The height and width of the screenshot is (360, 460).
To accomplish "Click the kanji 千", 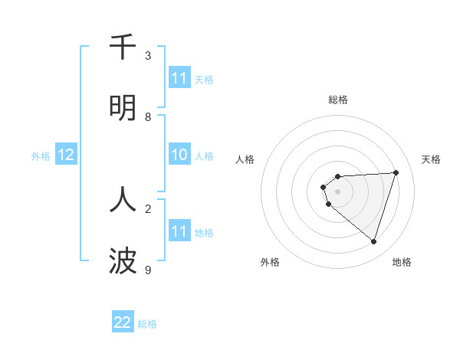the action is point(123,47).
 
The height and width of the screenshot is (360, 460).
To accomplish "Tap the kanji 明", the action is point(123,108).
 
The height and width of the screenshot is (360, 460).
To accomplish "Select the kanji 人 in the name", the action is point(123,199).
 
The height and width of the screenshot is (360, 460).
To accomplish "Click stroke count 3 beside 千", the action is point(148,56).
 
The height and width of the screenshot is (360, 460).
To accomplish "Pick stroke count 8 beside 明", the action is point(148,117).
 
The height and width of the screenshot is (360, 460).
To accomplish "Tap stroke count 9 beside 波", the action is point(148,270).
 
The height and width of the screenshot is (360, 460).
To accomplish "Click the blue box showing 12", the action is point(66,155).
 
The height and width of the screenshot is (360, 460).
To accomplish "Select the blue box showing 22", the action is point(123,322).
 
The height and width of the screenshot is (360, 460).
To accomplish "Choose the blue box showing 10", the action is point(179,155).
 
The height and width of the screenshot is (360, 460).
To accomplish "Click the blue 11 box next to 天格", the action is point(179,78).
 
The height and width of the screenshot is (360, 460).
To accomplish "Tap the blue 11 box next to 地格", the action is point(179,231).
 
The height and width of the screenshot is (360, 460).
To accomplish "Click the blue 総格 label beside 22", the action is point(147,324).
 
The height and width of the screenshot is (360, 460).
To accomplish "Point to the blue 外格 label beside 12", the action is point(41,156).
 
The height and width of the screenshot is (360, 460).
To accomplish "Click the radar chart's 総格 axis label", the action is point(337,100).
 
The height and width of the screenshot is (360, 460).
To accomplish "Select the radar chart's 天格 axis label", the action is point(431,159).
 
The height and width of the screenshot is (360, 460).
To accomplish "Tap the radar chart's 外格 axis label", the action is point(270,262).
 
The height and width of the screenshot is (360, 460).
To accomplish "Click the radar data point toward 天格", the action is point(396,172).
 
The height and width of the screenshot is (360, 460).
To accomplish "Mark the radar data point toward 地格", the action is point(373,241).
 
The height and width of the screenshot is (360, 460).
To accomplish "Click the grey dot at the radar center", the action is point(337,191).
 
